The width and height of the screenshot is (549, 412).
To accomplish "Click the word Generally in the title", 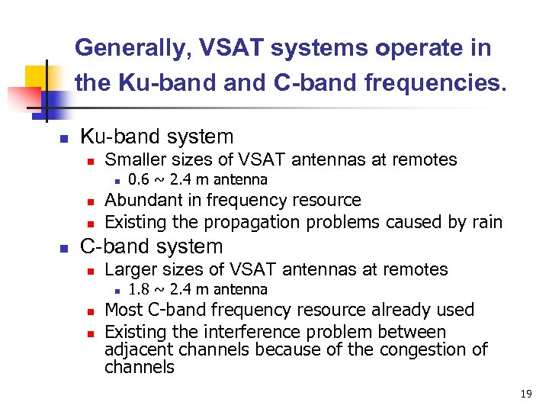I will pos(130,48).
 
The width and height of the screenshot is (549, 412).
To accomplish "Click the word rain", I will pos(486,223).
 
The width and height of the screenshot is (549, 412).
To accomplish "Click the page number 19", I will pos(525,394).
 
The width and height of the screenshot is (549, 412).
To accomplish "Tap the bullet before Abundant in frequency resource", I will pos(89,202).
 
